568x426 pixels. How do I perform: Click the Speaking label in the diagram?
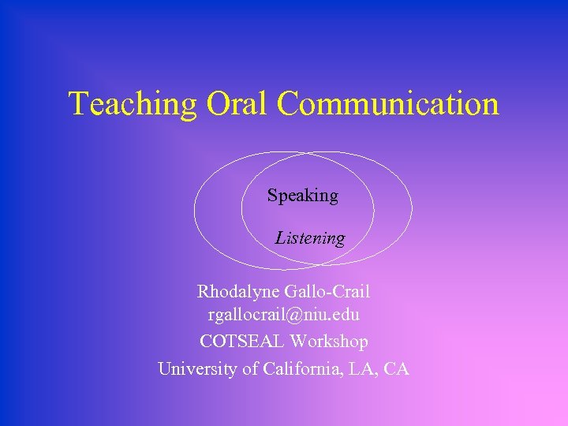pyautogui.click(x=302, y=196)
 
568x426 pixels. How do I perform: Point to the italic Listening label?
pyautogui.click(x=310, y=237)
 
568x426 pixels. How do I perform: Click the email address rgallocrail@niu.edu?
pyautogui.click(x=284, y=316)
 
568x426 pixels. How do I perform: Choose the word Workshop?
pyautogui.click(x=329, y=342)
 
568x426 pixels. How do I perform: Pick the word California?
pyautogui.click(x=304, y=368)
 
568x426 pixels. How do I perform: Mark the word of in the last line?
pyautogui.click(x=248, y=368)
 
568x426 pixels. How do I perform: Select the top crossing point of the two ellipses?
pyautogui.click(x=304, y=153)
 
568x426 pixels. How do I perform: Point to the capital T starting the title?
pyautogui.click(x=77, y=104)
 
